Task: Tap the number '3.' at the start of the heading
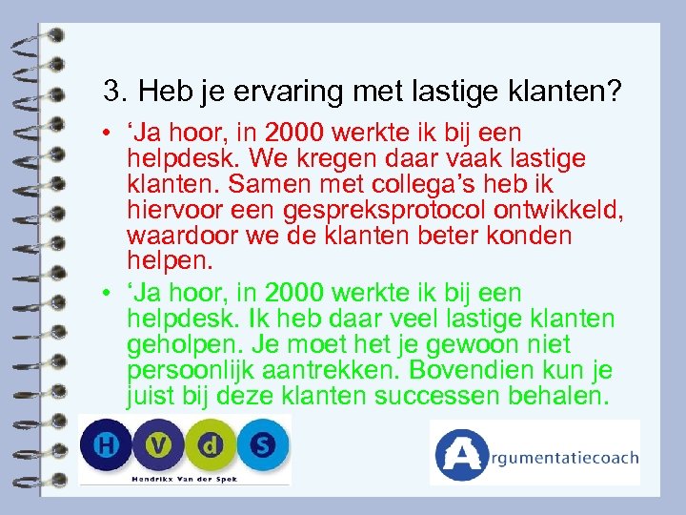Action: point(116,92)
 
